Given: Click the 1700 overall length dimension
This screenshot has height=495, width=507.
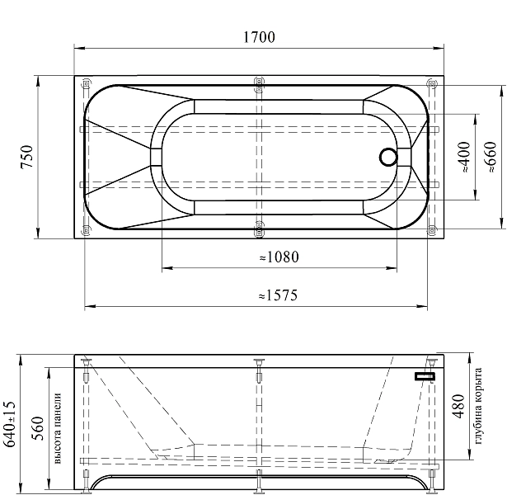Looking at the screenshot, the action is click(259, 37).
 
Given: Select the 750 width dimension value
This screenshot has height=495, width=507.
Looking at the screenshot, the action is click(27, 157).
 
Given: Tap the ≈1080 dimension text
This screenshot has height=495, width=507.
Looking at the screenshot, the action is click(279, 257).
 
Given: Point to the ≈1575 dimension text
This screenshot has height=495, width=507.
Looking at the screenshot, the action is click(278, 295).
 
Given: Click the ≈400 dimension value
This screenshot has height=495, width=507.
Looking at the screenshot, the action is click(464, 157).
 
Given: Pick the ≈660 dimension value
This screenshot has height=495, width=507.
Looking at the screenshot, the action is click(491, 157).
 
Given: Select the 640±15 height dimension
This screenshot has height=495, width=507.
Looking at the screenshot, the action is click(9, 424).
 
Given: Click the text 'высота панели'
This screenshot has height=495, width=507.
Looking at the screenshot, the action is click(57, 428).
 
